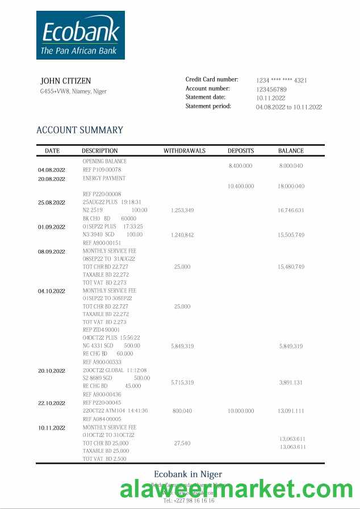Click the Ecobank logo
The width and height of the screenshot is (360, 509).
81,35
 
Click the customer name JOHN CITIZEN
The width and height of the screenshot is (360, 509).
65,81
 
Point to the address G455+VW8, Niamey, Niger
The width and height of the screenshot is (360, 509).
73,91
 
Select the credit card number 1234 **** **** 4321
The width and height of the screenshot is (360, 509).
282,81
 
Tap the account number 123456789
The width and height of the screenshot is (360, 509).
271,89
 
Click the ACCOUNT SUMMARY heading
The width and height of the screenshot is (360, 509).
79,130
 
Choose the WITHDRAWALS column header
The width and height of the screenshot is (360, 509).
185,151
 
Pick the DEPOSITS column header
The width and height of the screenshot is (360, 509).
241,151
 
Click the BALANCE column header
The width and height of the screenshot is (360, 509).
291,151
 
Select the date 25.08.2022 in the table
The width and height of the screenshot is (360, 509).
52,203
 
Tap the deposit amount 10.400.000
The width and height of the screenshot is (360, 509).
241,186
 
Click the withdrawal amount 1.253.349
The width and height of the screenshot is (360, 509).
182,211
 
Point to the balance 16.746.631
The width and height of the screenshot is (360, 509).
291,211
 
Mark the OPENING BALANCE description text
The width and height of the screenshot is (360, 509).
104,161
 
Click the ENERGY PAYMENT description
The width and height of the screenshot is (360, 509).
104,178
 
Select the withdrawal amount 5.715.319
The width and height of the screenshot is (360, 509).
182,382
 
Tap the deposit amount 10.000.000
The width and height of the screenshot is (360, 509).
241,411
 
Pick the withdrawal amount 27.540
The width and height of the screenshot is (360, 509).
182,443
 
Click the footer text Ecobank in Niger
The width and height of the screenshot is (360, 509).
188,474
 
